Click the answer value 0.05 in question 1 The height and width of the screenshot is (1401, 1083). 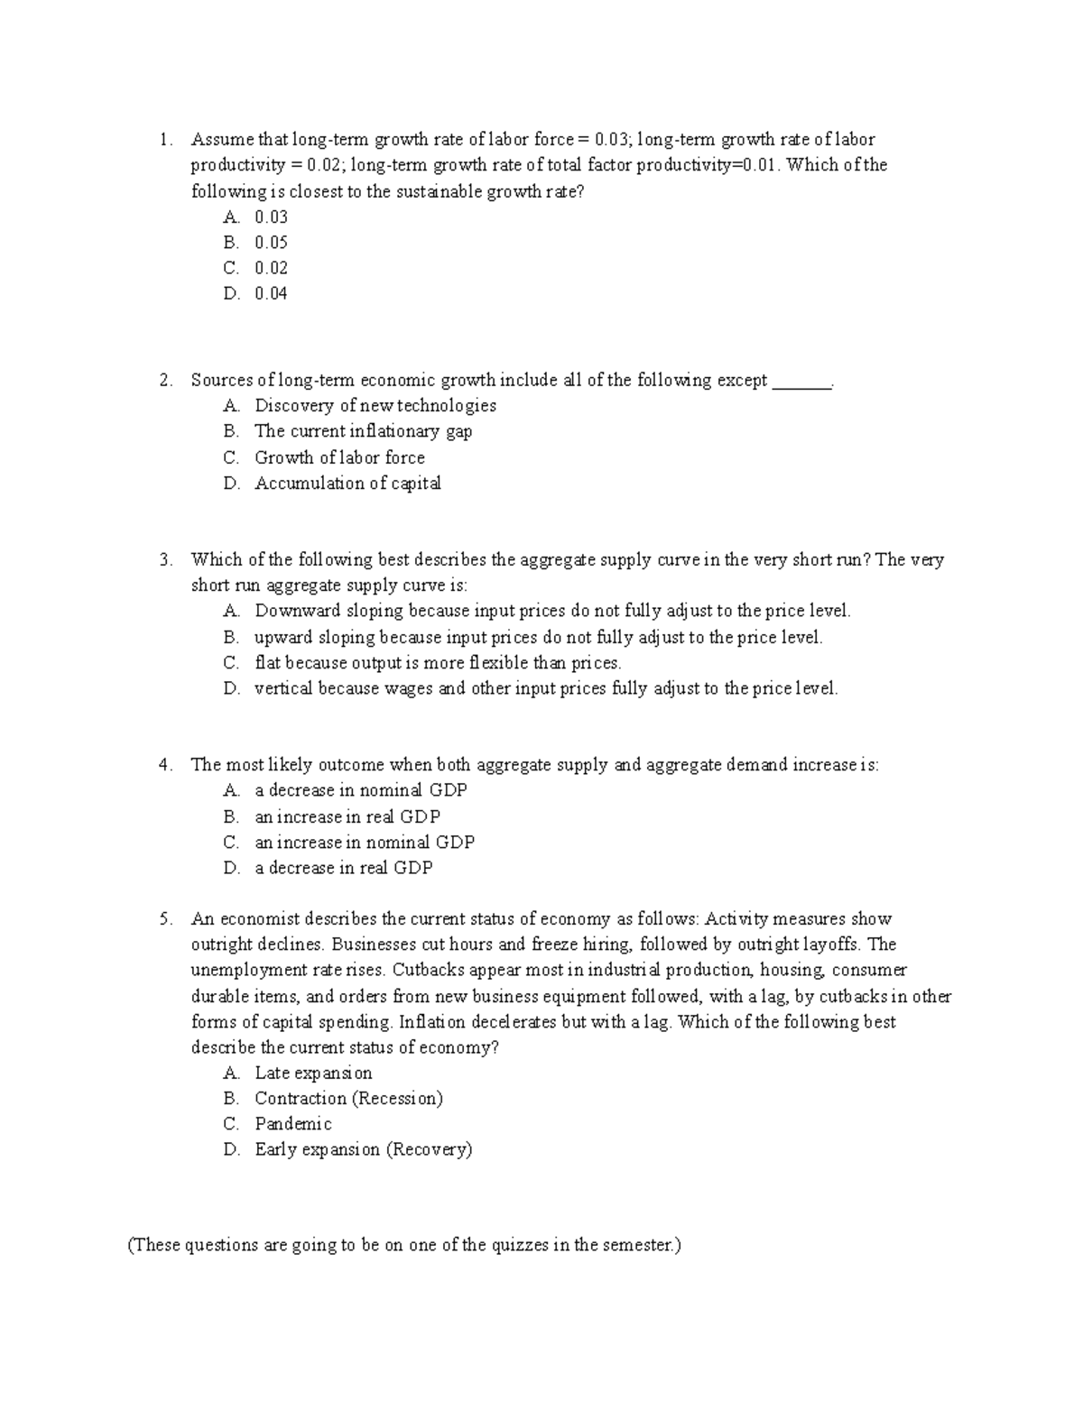coord(271,242)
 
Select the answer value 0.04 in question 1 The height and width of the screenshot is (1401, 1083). coord(271,293)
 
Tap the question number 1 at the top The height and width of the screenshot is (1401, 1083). coord(164,140)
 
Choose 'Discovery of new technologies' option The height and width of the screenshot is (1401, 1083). coord(375,406)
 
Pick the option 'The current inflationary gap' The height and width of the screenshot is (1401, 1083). coord(363,431)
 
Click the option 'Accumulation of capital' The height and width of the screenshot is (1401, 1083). coord(347,484)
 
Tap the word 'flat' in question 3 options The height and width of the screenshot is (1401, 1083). coord(268,663)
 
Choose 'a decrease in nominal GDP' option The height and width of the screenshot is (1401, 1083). coord(361,790)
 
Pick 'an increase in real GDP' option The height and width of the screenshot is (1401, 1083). coord(347,816)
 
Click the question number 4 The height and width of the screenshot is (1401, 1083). coord(164,765)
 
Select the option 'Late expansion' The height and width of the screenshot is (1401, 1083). coord(313,1073)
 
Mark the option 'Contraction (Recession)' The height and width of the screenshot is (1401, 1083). coord(348,1098)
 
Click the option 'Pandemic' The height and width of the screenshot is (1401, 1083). coord(293,1124)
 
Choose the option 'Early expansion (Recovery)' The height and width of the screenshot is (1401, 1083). coord(363,1149)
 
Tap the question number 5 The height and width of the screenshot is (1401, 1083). coord(164,919)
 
